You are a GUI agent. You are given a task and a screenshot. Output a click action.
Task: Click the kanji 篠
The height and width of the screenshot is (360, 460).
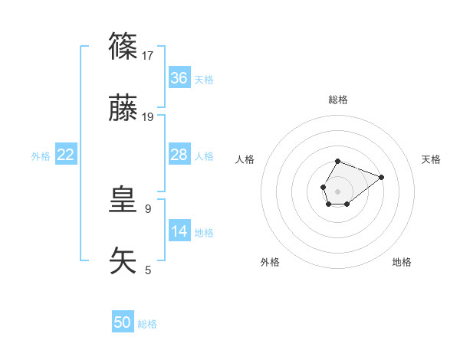click(x=124, y=47)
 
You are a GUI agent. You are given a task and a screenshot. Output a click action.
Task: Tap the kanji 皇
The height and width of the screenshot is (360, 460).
click(x=124, y=200)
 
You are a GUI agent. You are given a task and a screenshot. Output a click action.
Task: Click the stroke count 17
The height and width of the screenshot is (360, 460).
click(x=149, y=55)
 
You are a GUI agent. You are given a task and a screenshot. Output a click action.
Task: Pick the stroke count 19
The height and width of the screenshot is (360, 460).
click(x=149, y=117)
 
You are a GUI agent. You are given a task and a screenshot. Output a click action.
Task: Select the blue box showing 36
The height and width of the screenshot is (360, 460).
click(x=179, y=78)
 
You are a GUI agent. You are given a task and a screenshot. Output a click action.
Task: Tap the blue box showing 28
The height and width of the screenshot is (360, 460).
click(x=179, y=155)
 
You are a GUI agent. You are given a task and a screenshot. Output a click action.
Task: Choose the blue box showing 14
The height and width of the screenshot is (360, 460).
click(x=179, y=231)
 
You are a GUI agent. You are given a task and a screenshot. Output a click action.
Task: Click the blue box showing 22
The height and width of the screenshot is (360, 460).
click(x=66, y=155)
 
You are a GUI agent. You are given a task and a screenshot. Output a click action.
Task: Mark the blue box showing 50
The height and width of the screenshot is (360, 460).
click(x=123, y=322)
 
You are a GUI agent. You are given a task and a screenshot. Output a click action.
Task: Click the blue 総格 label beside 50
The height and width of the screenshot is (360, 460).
click(x=147, y=324)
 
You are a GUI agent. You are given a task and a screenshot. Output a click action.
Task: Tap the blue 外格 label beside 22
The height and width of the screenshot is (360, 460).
click(x=41, y=156)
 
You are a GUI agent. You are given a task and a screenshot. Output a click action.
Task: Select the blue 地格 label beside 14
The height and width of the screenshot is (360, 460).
click(x=204, y=233)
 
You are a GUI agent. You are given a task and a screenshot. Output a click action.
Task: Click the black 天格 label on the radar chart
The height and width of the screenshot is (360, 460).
click(x=431, y=159)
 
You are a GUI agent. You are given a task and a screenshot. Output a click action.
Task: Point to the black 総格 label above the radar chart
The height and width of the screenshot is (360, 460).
click(x=338, y=100)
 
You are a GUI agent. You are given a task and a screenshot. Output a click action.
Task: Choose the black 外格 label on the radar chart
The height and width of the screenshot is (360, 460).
click(x=270, y=262)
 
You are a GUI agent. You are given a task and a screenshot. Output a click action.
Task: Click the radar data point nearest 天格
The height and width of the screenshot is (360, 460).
click(x=382, y=176)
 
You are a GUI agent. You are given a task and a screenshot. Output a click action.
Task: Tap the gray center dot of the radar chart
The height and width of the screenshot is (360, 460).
click(x=337, y=191)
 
